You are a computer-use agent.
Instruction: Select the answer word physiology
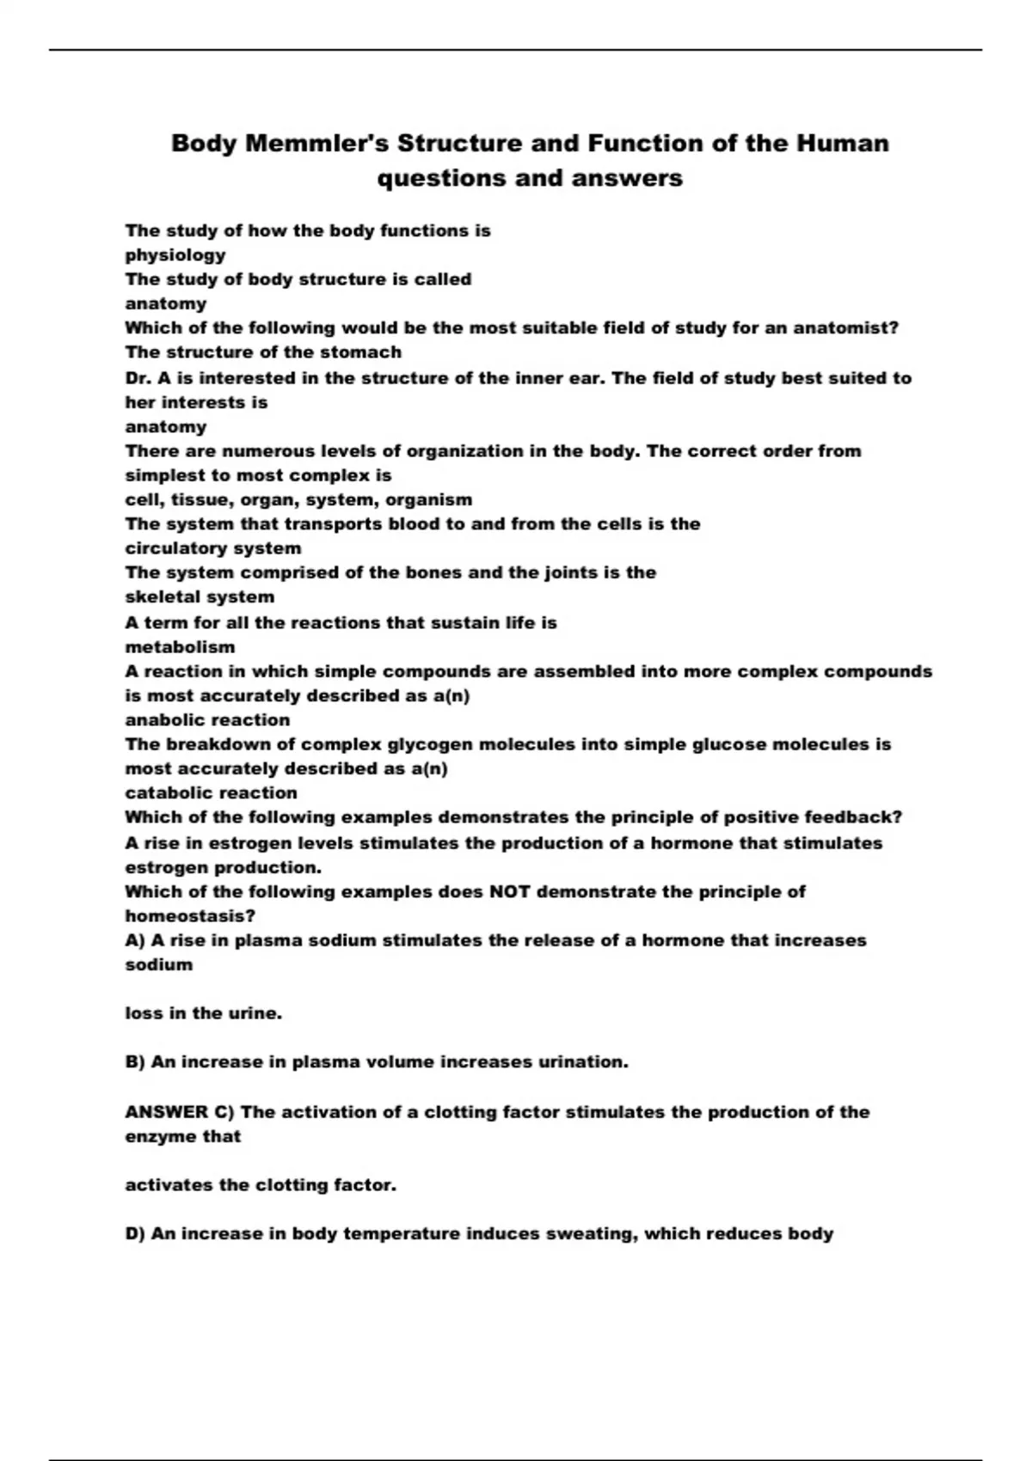pos(175,255)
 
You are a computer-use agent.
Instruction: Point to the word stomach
pos(366,352)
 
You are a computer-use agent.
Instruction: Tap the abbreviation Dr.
pos(138,378)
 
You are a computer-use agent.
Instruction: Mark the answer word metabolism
pos(180,647)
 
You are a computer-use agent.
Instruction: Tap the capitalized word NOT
pos(509,892)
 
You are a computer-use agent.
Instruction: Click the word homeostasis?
pos(190,916)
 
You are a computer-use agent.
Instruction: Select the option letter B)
pos(135,1062)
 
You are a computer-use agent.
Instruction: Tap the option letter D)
pos(136,1234)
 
